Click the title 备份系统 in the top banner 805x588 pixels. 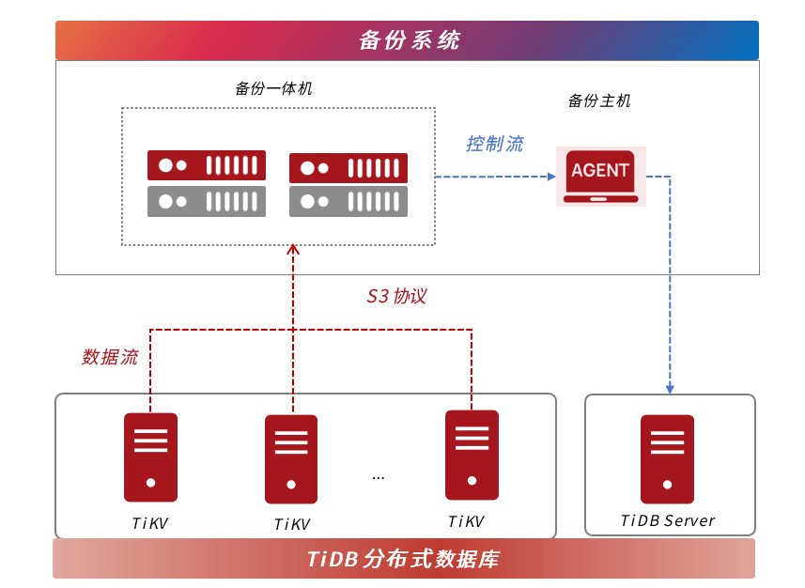(409, 40)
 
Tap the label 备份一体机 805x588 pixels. (273, 89)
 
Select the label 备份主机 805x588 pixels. (599, 101)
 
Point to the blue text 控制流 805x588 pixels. (494, 145)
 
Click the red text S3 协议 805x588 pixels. (396, 297)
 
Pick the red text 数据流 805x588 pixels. (110, 357)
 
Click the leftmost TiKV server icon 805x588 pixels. (150, 457)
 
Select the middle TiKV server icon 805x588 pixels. (291, 459)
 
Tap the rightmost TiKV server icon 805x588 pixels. (472, 455)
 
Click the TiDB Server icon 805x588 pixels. (667, 459)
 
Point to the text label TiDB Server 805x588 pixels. (667, 521)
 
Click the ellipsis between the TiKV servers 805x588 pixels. (378, 477)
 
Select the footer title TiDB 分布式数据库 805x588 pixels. (403, 560)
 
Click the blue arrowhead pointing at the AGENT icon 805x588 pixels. (551, 177)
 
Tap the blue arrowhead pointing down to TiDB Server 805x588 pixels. (670, 388)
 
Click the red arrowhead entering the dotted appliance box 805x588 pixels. (292, 249)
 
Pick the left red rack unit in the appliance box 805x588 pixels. (207, 165)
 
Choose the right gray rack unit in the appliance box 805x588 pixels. (348, 201)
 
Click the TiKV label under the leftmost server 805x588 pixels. (150, 524)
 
